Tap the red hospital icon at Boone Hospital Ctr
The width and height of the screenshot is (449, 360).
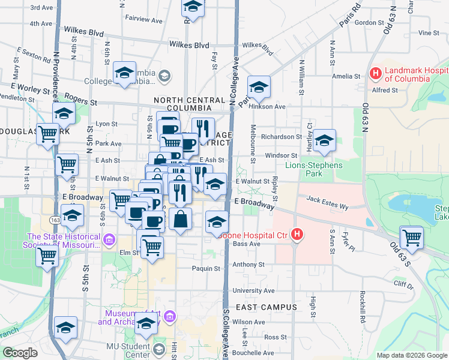(x=295, y=236)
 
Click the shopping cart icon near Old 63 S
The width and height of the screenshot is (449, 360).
(x=412, y=237)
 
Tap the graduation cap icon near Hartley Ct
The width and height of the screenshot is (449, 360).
(x=324, y=141)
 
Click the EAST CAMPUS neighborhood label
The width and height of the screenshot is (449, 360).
(x=266, y=307)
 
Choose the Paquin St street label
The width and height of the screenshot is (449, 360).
(x=206, y=268)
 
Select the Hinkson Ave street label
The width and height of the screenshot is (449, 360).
(x=271, y=106)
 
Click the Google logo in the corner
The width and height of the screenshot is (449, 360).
(x=20, y=353)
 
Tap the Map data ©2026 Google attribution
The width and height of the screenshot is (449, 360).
(x=411, y=355)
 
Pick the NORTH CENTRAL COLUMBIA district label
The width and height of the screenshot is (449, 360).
(x=182, y=104)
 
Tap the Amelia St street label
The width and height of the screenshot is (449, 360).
(x=346, y=76)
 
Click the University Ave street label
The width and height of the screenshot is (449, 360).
(x=253, y=290)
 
